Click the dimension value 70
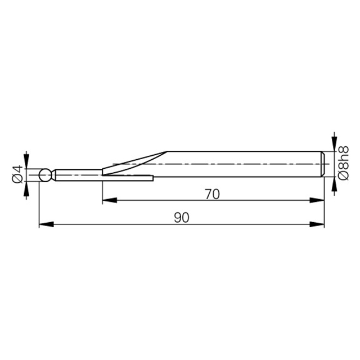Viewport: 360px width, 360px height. [x=213, y=194]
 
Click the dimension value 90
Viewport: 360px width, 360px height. [x=182, y=218]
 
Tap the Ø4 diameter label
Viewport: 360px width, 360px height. [x=17, y=174]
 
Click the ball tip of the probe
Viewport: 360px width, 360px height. [x=45, y=175]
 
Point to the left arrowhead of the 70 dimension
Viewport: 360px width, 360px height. [x=109, y=200]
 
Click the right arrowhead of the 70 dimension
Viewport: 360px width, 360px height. [x=317, y=200]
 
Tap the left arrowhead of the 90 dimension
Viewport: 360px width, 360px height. [x=46, y=224]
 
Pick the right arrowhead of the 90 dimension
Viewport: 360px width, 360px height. [x=317, y=224]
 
